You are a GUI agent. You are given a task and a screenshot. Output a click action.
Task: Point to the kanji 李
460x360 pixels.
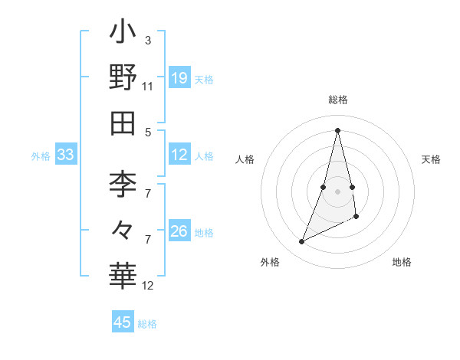pyautogui.click(x=123, y=184)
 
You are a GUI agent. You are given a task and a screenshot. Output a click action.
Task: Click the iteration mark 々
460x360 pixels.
pyautogui.click(x=123, y=229)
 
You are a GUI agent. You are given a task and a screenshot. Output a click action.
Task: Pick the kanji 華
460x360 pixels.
pyautogui.click(x=123, y=275)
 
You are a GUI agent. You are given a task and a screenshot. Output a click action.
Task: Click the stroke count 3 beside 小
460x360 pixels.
pyautogui.click(x=147, y=39)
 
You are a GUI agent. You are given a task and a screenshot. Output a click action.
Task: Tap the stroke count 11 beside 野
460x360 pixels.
pyautogui.click(x=147, y=86)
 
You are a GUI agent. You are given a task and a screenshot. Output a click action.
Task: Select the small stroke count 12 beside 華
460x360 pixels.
pyautogui.click(x=148, y=286)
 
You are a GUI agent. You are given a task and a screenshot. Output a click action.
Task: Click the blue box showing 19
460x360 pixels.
pyautogui.click(x=179, y=78)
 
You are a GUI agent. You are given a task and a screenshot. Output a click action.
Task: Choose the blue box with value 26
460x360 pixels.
pyautogui.click(x=179, y=231)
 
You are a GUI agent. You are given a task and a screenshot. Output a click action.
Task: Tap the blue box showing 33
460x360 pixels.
pyautogui.click(x=65, y=155)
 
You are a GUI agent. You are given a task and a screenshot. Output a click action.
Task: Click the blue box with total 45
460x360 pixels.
pyautogui.click(x=123, y=322)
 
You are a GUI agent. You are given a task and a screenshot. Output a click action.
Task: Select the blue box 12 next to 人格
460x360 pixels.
pyautogui.click(x=179, y=155)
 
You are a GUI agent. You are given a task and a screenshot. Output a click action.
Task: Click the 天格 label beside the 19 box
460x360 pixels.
pyautogui.click(x=204, y=80)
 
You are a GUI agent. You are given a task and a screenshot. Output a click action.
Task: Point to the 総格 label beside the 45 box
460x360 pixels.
pyautogui.click(x=147, y=324)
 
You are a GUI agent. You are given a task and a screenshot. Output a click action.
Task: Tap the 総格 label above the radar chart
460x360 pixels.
pyautogui.click(x=337, y=100)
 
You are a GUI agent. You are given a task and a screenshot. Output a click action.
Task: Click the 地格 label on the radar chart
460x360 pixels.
pyautogui.click(x=402, y=262)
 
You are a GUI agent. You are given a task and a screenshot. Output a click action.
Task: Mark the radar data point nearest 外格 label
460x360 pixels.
pyautogui.click(x=301, y=242)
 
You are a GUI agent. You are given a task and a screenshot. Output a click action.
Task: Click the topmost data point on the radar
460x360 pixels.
pyautogui.click(x=337, y=129)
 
